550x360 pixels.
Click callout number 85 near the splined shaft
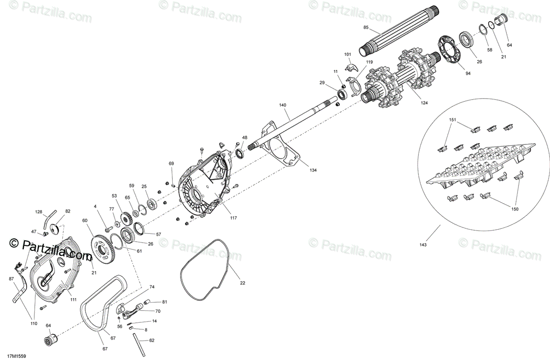point(366,28)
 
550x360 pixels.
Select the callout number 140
point(282,105)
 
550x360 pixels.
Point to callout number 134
point(313,170)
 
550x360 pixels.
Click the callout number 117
point(233,218)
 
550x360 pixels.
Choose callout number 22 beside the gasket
point(242,283)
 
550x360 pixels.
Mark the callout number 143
point(423,245)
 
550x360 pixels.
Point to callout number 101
point(347,55)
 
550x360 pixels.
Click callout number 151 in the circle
point(452,120)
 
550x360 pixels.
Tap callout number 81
point(165,302)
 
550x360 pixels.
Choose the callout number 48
point(245,138)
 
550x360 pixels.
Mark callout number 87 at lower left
point(11,278)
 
